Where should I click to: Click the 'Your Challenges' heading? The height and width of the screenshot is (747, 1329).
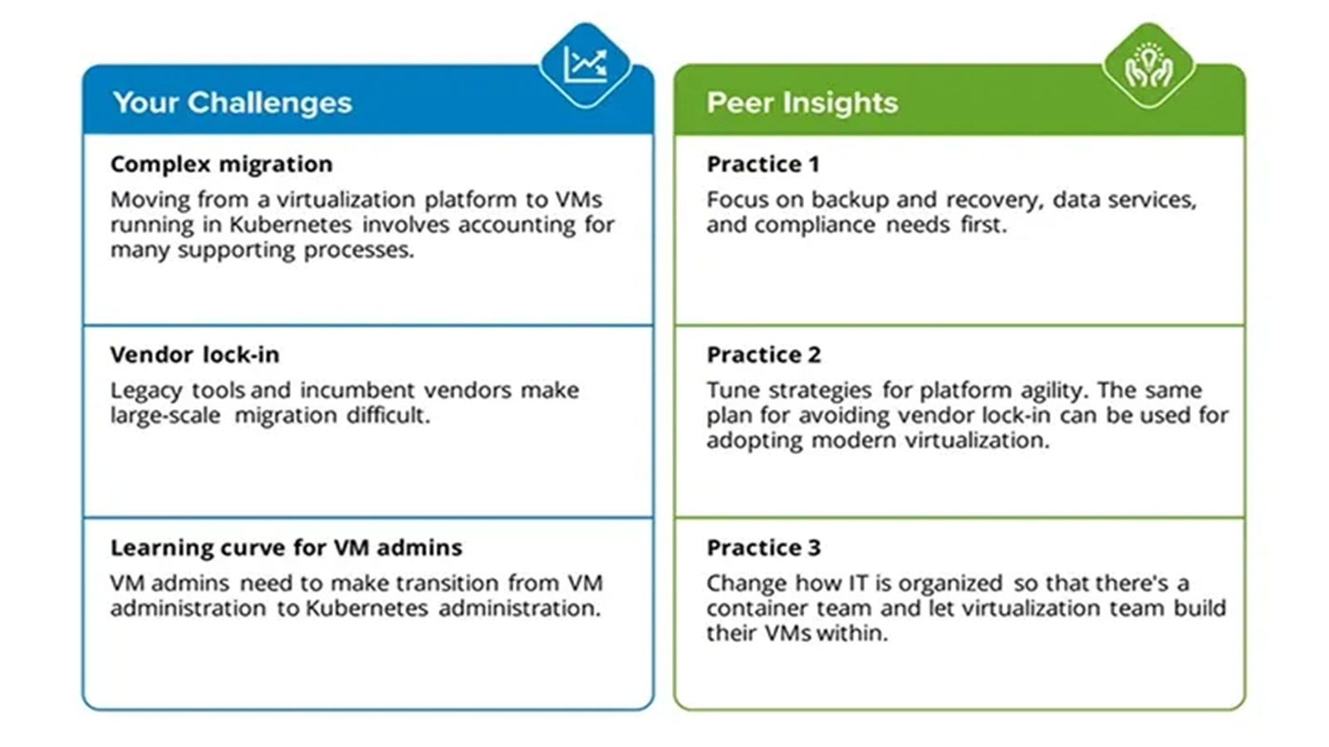232,103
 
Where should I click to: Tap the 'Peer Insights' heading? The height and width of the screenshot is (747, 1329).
802,103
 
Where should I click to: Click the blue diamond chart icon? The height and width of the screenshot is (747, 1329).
586,66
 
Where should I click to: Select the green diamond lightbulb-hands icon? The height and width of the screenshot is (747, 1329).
1150,66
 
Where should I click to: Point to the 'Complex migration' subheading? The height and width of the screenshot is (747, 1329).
221,164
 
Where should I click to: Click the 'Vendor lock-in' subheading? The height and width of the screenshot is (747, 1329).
194,354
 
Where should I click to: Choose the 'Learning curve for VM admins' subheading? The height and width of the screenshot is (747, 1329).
286,547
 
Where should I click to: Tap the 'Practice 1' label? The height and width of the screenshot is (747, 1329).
763,164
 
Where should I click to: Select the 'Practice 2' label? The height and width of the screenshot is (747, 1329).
763,354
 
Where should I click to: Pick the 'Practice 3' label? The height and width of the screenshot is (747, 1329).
763,547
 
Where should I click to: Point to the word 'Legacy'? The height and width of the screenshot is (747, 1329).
146,391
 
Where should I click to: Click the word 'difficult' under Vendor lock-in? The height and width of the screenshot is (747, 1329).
389,415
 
